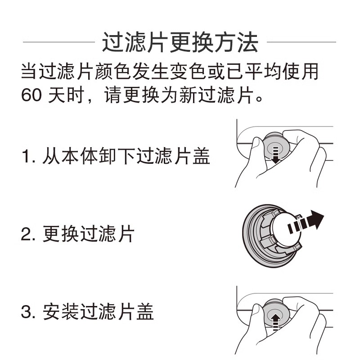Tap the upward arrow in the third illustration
pyautogui.click(x=275, y=320)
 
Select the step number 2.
pyautogui.click(x=27, y=234)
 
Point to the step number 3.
pyautogui.click(x=27, y=312)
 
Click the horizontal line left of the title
pyautogui.click(x=58, y=42)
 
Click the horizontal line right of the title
pyautogui.click(x=301, y=42)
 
